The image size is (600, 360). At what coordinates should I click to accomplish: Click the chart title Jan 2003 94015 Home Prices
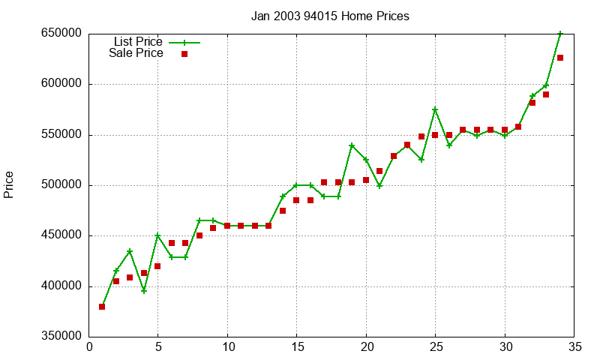coord(330,16)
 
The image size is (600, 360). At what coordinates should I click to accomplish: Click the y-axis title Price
coord(9,184)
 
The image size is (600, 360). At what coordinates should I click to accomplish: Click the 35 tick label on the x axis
coord(574,346)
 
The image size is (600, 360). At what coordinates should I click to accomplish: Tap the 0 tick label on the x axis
coord(89,346)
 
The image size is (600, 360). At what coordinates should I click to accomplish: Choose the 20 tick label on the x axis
coord(366,346)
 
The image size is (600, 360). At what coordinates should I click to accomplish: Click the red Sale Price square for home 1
coord(102,307)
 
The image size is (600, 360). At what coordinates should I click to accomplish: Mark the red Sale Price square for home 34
coord(560,58)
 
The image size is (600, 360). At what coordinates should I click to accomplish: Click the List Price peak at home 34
coord(560,34)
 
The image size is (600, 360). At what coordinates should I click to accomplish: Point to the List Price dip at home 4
coord(144,291)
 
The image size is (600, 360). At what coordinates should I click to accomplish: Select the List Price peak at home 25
coord(435,109)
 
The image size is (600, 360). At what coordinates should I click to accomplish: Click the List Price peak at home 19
coord(352,145)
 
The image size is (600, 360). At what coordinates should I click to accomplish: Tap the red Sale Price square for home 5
coord(157,266)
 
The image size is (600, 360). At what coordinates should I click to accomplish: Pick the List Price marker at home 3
coord(130,251)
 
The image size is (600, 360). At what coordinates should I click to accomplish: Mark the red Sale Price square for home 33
coord(546,94)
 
